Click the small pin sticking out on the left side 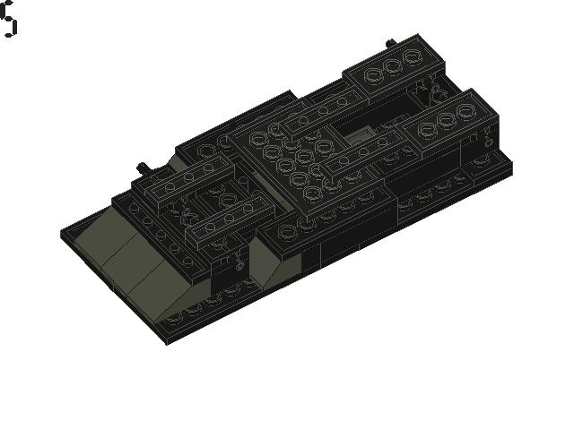click(142, 168)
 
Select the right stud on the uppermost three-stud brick click(411, 56)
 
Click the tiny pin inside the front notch click(239, 263)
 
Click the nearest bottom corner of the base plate click(167, 342)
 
